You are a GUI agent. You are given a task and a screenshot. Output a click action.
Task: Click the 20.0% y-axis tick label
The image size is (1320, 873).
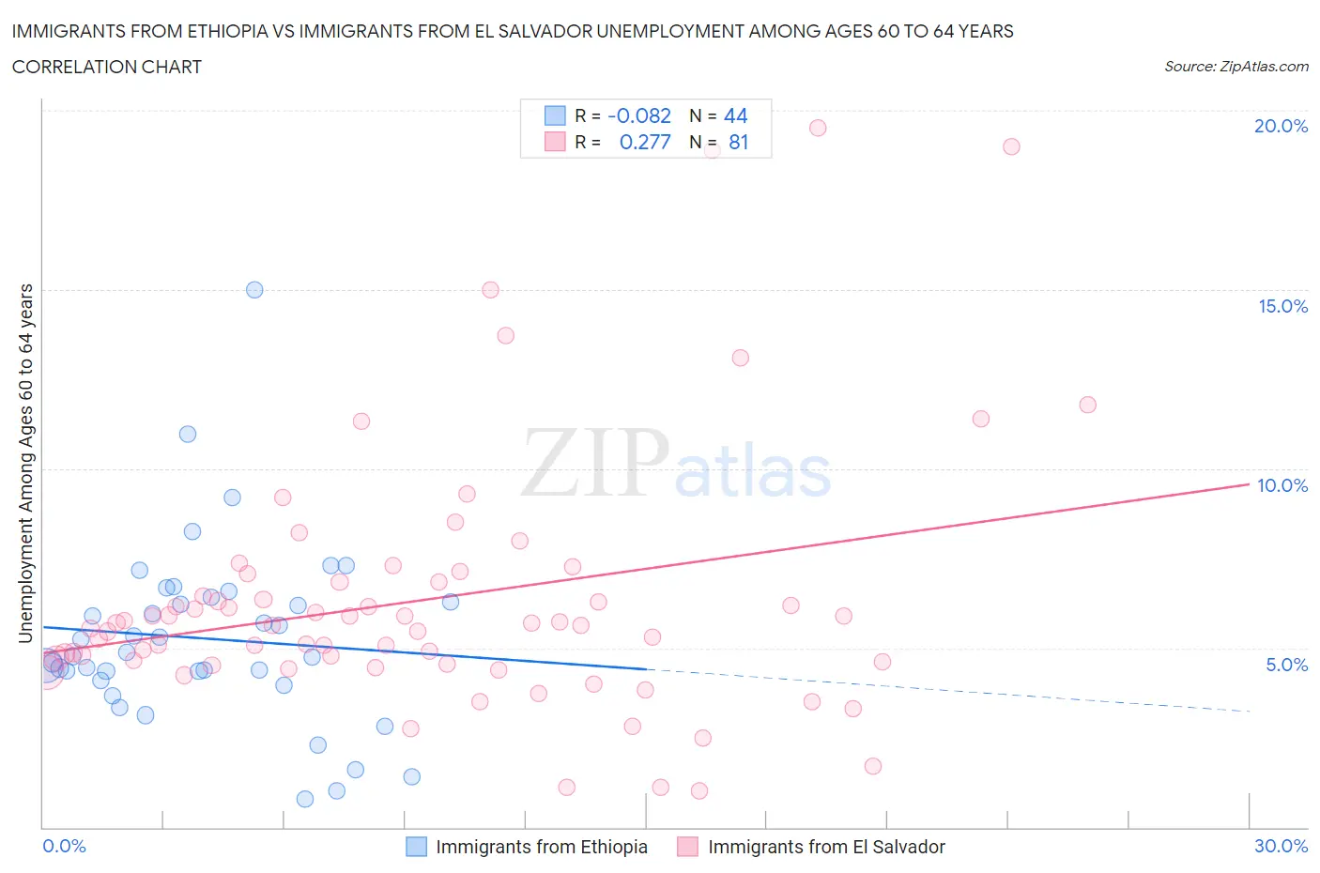coord(1281,126)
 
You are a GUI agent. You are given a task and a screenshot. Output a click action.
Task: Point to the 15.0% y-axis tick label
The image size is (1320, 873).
coord(1282,306)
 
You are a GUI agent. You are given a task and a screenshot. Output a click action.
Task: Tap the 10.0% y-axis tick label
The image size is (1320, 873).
coord(1282,485)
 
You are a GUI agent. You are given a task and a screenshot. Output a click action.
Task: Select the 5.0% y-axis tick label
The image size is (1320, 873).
coord(1286,665)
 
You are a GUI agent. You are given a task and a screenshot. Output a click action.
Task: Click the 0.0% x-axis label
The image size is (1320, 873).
coord(64,846)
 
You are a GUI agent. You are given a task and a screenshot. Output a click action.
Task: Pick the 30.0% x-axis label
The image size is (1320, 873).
coord(1281,846)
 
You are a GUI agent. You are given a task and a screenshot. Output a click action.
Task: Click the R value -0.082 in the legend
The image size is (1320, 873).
coord(639,115)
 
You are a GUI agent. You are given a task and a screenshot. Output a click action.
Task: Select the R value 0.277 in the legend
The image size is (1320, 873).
coord(645,142)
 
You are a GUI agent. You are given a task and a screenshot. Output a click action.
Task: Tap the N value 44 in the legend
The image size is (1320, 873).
coord(735,115)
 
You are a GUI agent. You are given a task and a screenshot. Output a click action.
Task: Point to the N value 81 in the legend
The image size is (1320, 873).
coord(738,142)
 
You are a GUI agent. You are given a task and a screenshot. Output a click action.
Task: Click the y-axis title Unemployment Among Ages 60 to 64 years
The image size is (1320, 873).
coord(25,463)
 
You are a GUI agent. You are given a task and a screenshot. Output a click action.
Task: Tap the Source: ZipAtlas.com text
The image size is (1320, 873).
coord(1236,66)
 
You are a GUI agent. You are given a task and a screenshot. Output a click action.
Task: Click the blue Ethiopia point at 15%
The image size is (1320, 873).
coord(254,290)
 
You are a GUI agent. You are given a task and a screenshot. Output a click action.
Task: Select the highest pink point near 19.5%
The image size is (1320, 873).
coord(818,128)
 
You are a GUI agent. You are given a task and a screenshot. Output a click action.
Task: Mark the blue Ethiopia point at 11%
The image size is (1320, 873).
coord(188,434)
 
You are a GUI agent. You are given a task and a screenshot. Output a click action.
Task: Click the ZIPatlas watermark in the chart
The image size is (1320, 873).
coord(676,464)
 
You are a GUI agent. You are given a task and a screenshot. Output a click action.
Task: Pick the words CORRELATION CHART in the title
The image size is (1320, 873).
coord(107,67)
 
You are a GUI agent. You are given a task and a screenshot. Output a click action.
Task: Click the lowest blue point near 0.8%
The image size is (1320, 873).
coord(305,799)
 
